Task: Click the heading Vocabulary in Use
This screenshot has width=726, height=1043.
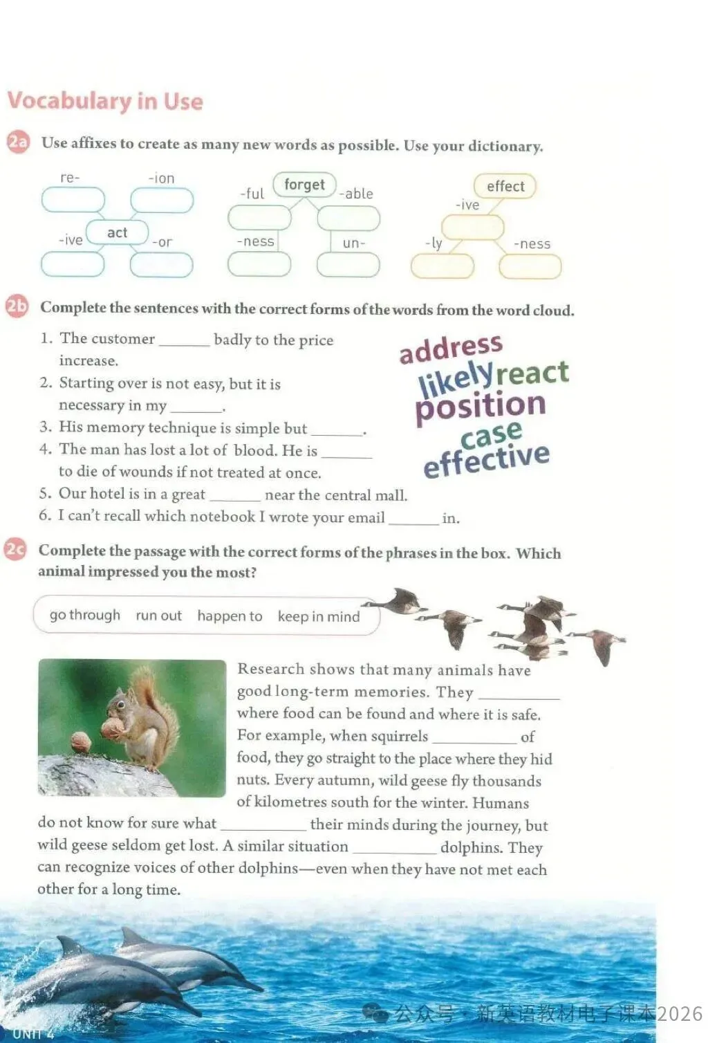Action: pyautogui.click(x=105, y=101)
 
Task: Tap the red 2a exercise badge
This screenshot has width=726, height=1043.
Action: pyautogui.click(x=18, y=142)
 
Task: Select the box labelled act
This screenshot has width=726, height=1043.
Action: pyautogui.click(x=117, y=232)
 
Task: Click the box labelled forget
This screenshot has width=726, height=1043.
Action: pyautogui.click(x=304, y=185)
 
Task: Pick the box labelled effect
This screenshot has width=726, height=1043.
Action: pyautogui.click(x=505, y=186)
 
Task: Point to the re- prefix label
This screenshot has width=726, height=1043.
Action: pyautogui.click(x=70, y=178)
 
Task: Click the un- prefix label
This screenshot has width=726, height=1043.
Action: pyautogui.click(x=353, y=243)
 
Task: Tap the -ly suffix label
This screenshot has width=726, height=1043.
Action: pyautogui.click(x=434, y=243)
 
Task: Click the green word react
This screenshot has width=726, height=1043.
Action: pyautogui.click(x=532, y=373)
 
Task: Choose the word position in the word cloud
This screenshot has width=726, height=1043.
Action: pyautogui.click(x=481, y=405)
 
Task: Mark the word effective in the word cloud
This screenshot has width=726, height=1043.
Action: pyautogui.click(x=487, y=459)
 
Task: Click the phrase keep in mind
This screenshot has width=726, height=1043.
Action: pyautogui.click(x=319, y=616)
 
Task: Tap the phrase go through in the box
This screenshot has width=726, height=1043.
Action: pyautogui.click(x=84, y=615)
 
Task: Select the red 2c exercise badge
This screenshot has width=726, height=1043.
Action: pyautogui.click(x=15, y=551)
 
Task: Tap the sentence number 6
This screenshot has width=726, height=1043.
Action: pyautogui.click(x=45, y=515)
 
